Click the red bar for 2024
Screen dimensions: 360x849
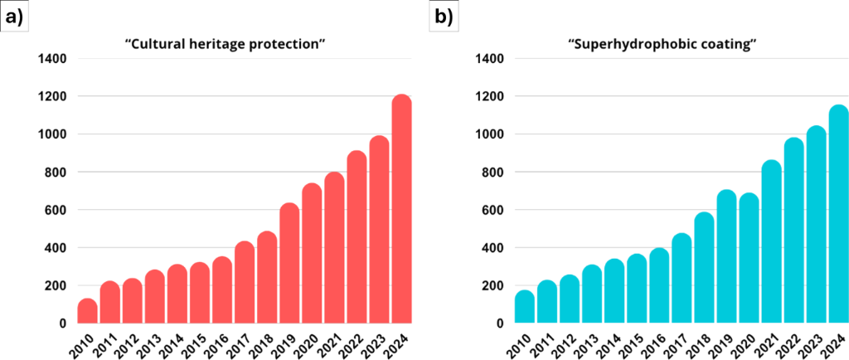coord(401,212)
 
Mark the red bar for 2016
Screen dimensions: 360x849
coord(222,292)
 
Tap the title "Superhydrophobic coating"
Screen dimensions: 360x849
coord(662,42)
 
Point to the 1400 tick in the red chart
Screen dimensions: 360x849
coord(52,59)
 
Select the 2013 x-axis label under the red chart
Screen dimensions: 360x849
coord(152,342)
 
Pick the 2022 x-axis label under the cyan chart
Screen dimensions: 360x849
coord(791,342)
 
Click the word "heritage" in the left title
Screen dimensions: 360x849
coord(212,42)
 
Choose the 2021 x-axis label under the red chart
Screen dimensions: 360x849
coord(331,342)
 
